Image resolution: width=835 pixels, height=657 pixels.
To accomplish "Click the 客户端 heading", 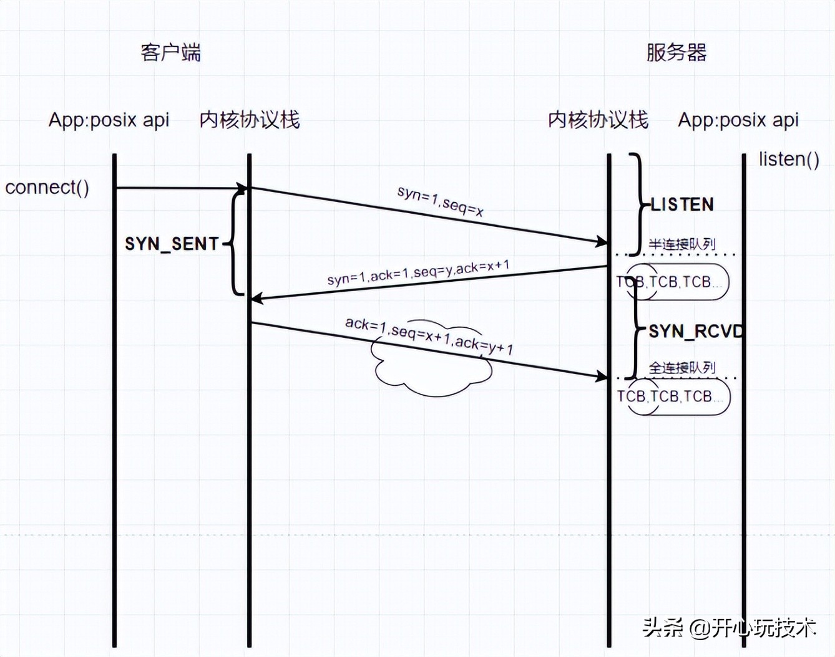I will click(x=170, y=53).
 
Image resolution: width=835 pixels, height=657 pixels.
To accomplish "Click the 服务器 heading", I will click(x=676, y=53).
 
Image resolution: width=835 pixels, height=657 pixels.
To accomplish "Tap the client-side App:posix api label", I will click(x=109, y=120).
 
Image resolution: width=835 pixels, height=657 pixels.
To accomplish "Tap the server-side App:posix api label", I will click(x=738, y=120).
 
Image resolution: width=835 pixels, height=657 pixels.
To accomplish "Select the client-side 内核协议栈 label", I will click(x=250, y=120).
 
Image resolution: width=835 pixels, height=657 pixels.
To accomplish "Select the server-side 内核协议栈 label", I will click(x=598, y=120).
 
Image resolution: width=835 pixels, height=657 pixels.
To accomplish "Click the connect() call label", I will click(x=47, y=187).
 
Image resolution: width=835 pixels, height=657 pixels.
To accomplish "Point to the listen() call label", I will click(x=789, y=160).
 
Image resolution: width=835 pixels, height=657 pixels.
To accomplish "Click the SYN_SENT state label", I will click(x=172, y=244).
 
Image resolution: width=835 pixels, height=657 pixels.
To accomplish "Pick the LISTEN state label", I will click(x=682, y=204).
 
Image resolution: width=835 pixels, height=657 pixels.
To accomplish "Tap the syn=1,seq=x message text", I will click(x=441, y=201).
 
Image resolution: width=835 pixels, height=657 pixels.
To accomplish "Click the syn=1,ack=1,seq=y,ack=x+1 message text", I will click(x=418, y=273).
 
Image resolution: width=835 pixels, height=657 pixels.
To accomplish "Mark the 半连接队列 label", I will click(x=681, y=244).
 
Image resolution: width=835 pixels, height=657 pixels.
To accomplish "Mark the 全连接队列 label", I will click(x=681, y=368).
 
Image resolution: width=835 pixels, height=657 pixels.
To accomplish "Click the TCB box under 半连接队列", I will click(x=676, y=282).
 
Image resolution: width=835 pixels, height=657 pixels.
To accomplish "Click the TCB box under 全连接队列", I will click(x=678, y=397).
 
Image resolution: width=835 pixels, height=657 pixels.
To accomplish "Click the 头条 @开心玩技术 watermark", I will click(x=729, y=627).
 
